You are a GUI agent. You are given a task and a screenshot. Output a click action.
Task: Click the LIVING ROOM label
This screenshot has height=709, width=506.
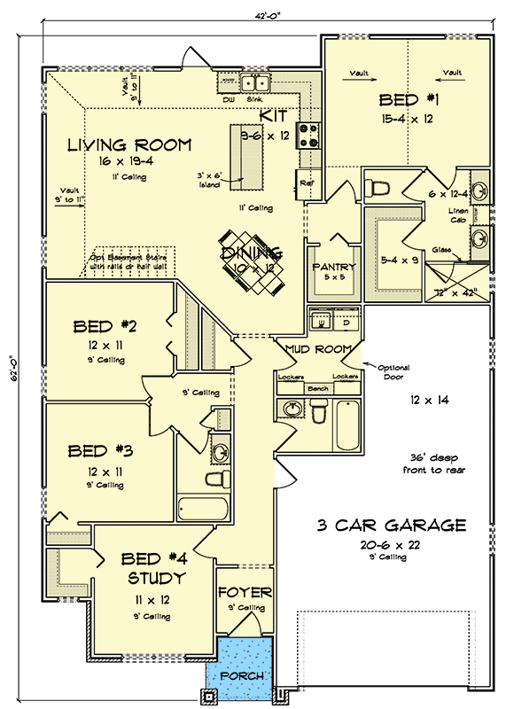point(129,144)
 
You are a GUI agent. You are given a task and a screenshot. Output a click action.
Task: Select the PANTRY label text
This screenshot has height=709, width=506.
point(333,268)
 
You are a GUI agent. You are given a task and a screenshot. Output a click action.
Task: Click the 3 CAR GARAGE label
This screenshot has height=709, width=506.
point(392,525)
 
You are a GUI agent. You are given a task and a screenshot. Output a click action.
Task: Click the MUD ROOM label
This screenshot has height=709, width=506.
point(318,348)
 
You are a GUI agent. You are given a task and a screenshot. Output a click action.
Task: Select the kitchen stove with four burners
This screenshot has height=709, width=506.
point(309,136)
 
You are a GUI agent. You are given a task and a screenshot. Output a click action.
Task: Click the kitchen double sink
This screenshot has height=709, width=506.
point(258,84)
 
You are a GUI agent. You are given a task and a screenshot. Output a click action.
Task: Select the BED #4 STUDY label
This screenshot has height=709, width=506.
point(152,568)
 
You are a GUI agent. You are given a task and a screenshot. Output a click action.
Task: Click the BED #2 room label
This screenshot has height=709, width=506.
point(105,327)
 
